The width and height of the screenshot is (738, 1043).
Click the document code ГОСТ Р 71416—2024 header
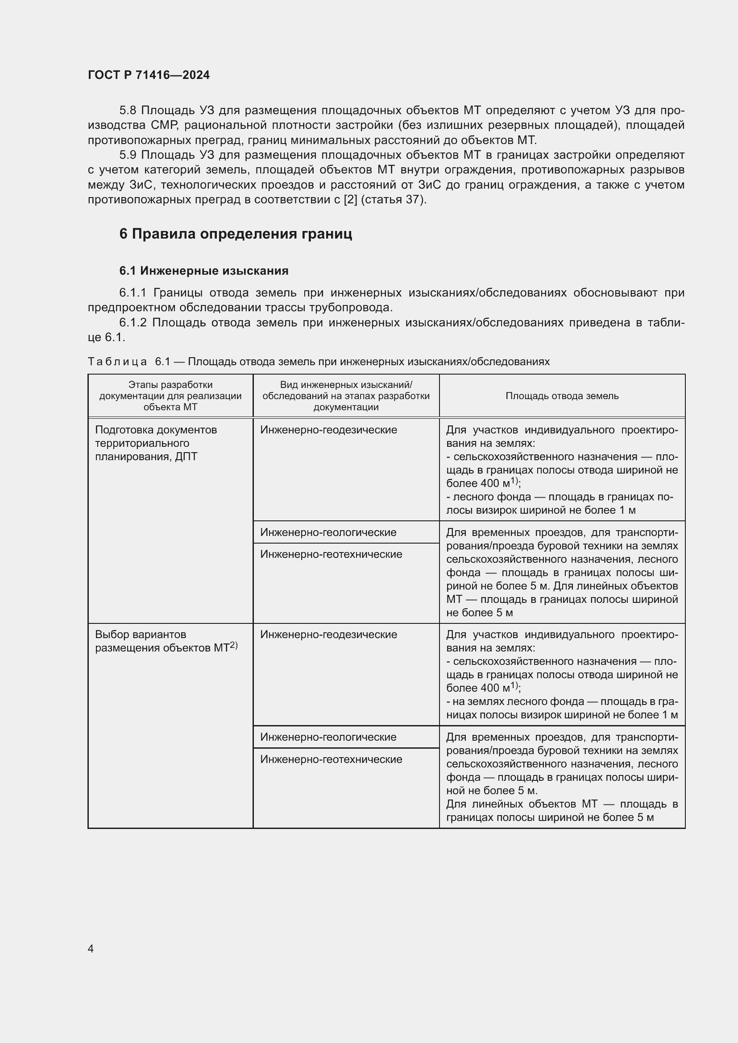point(149,75)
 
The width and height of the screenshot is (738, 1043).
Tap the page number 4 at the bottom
point(91,948)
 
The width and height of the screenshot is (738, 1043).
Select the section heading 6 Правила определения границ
point(236,234)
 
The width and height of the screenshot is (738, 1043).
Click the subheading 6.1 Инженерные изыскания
point(203,271)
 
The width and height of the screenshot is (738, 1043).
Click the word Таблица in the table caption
point(117,362)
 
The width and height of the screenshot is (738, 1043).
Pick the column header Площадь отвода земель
point(562,396)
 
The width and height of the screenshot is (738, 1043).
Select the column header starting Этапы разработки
point(170,396)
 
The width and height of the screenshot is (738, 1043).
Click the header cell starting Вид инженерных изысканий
point(346,396)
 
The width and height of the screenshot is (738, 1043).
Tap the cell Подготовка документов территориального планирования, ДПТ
point(156,443)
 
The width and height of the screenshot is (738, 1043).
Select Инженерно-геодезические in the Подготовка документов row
point(328,430)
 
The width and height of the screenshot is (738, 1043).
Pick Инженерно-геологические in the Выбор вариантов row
point(328,737)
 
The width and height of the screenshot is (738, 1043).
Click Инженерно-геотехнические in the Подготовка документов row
point(331,554)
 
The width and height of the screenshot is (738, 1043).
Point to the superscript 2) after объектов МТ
point(233,645)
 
